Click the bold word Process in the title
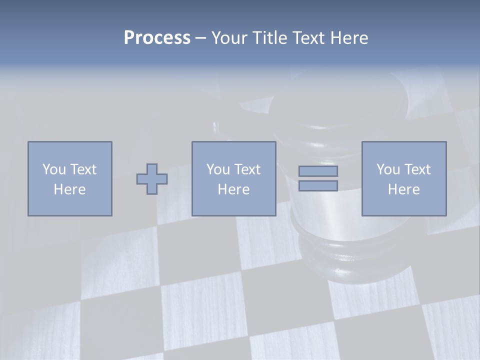pyautogui.click(x=157, y=38)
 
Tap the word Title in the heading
pyautogui.click(x=269, y=38)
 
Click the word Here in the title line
pyautogui.click(x=349, y=38)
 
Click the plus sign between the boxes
pyautogui.click(x=152, y=179)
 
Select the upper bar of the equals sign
pyautogui.click(x=318, y=171)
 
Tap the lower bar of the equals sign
pyautogui.click(x=318, y=186)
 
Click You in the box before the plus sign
pyautogui.click(x=54, y=169)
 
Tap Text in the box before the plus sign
pyautogui.click(x=82, y=169)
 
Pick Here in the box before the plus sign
pyautogui.click(x=70, y=189)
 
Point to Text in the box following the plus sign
pyautogui.click(x=246, y=169)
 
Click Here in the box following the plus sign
pyautogui.click(x=234, y=189)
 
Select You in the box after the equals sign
pyautogui.click(x=388, y=169)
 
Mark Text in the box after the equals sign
pyautogui.click(x=416, y=169)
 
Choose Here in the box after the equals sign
pyautogui.click(x=404, y=189)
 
